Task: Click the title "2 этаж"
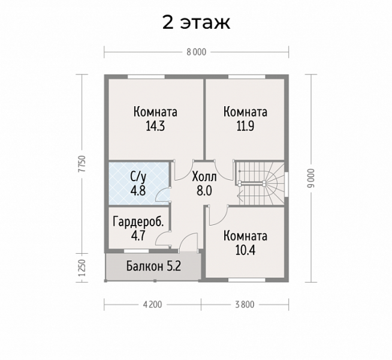196,23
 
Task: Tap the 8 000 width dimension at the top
197,52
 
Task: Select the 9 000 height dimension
311,178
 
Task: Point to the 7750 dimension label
82,164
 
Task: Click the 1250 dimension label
82,268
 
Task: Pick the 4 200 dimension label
152,304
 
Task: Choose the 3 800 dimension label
245,304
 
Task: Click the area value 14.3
155,127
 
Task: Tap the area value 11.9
245,127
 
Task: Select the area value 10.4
245,250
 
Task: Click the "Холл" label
204,177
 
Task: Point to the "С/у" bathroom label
138,177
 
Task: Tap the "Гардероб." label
138,221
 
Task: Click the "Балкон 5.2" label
153,266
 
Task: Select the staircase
260,183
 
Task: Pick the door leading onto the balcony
188,242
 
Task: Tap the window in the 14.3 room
146,77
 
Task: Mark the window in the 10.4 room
247,280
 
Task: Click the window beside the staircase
287,184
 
